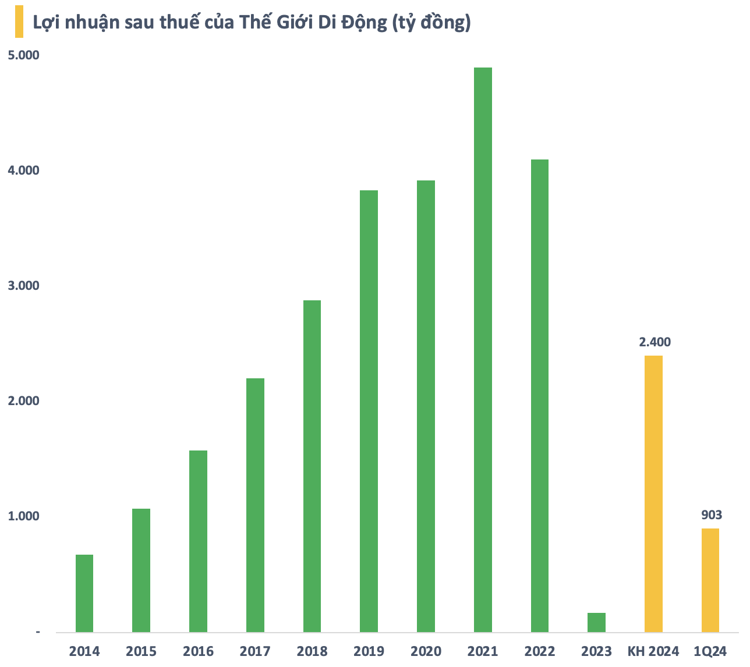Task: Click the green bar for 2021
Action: tap(483, 349)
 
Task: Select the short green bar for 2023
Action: tap(596, 622)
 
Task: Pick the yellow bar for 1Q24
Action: tap(710, 580)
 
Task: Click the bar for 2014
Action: tap(84, 593)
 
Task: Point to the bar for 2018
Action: tap(312, 466)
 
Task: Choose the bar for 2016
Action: tap(198, 541)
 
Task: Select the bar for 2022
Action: tap(540, 395)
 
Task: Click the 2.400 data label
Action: tap(655, 342)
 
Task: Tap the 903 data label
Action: tap(711, 515)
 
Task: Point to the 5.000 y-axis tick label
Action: tap(23, 55)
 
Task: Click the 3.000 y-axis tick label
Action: tap(23, 286)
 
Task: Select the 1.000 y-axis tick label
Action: tap(23, 516)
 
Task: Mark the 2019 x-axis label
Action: tap(369, 651)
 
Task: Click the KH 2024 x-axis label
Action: tap(653, 651)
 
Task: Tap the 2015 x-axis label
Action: tap(141, 651)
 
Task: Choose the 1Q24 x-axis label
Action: tap(710, 651)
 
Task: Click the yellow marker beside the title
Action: tap(19, 22)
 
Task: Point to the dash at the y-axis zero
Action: tap(38, 632)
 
